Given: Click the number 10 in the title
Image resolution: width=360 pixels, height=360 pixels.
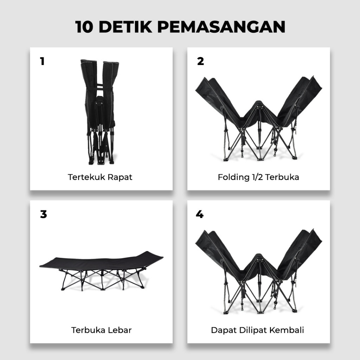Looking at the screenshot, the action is (x=84, y=27).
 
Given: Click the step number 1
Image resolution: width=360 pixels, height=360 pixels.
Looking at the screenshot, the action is (x=42, y=61).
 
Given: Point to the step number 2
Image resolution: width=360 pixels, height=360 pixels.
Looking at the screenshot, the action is (x=200, y=61).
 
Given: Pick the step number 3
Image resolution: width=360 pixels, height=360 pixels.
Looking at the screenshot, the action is (x=43, y=214).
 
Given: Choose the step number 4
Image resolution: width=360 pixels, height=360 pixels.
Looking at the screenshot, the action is (x=200, y=214).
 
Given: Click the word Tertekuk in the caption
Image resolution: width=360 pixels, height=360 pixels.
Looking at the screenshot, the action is (x=86, y=177).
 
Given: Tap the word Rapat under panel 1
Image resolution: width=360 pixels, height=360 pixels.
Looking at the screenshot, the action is (x=120, y=178).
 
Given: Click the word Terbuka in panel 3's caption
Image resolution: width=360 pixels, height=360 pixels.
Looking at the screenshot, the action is (x=88, y=330).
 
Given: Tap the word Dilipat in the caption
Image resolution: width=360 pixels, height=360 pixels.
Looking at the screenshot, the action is (x=253, y=330).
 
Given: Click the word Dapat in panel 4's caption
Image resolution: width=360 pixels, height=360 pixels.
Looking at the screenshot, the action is (x=224, y=330).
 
